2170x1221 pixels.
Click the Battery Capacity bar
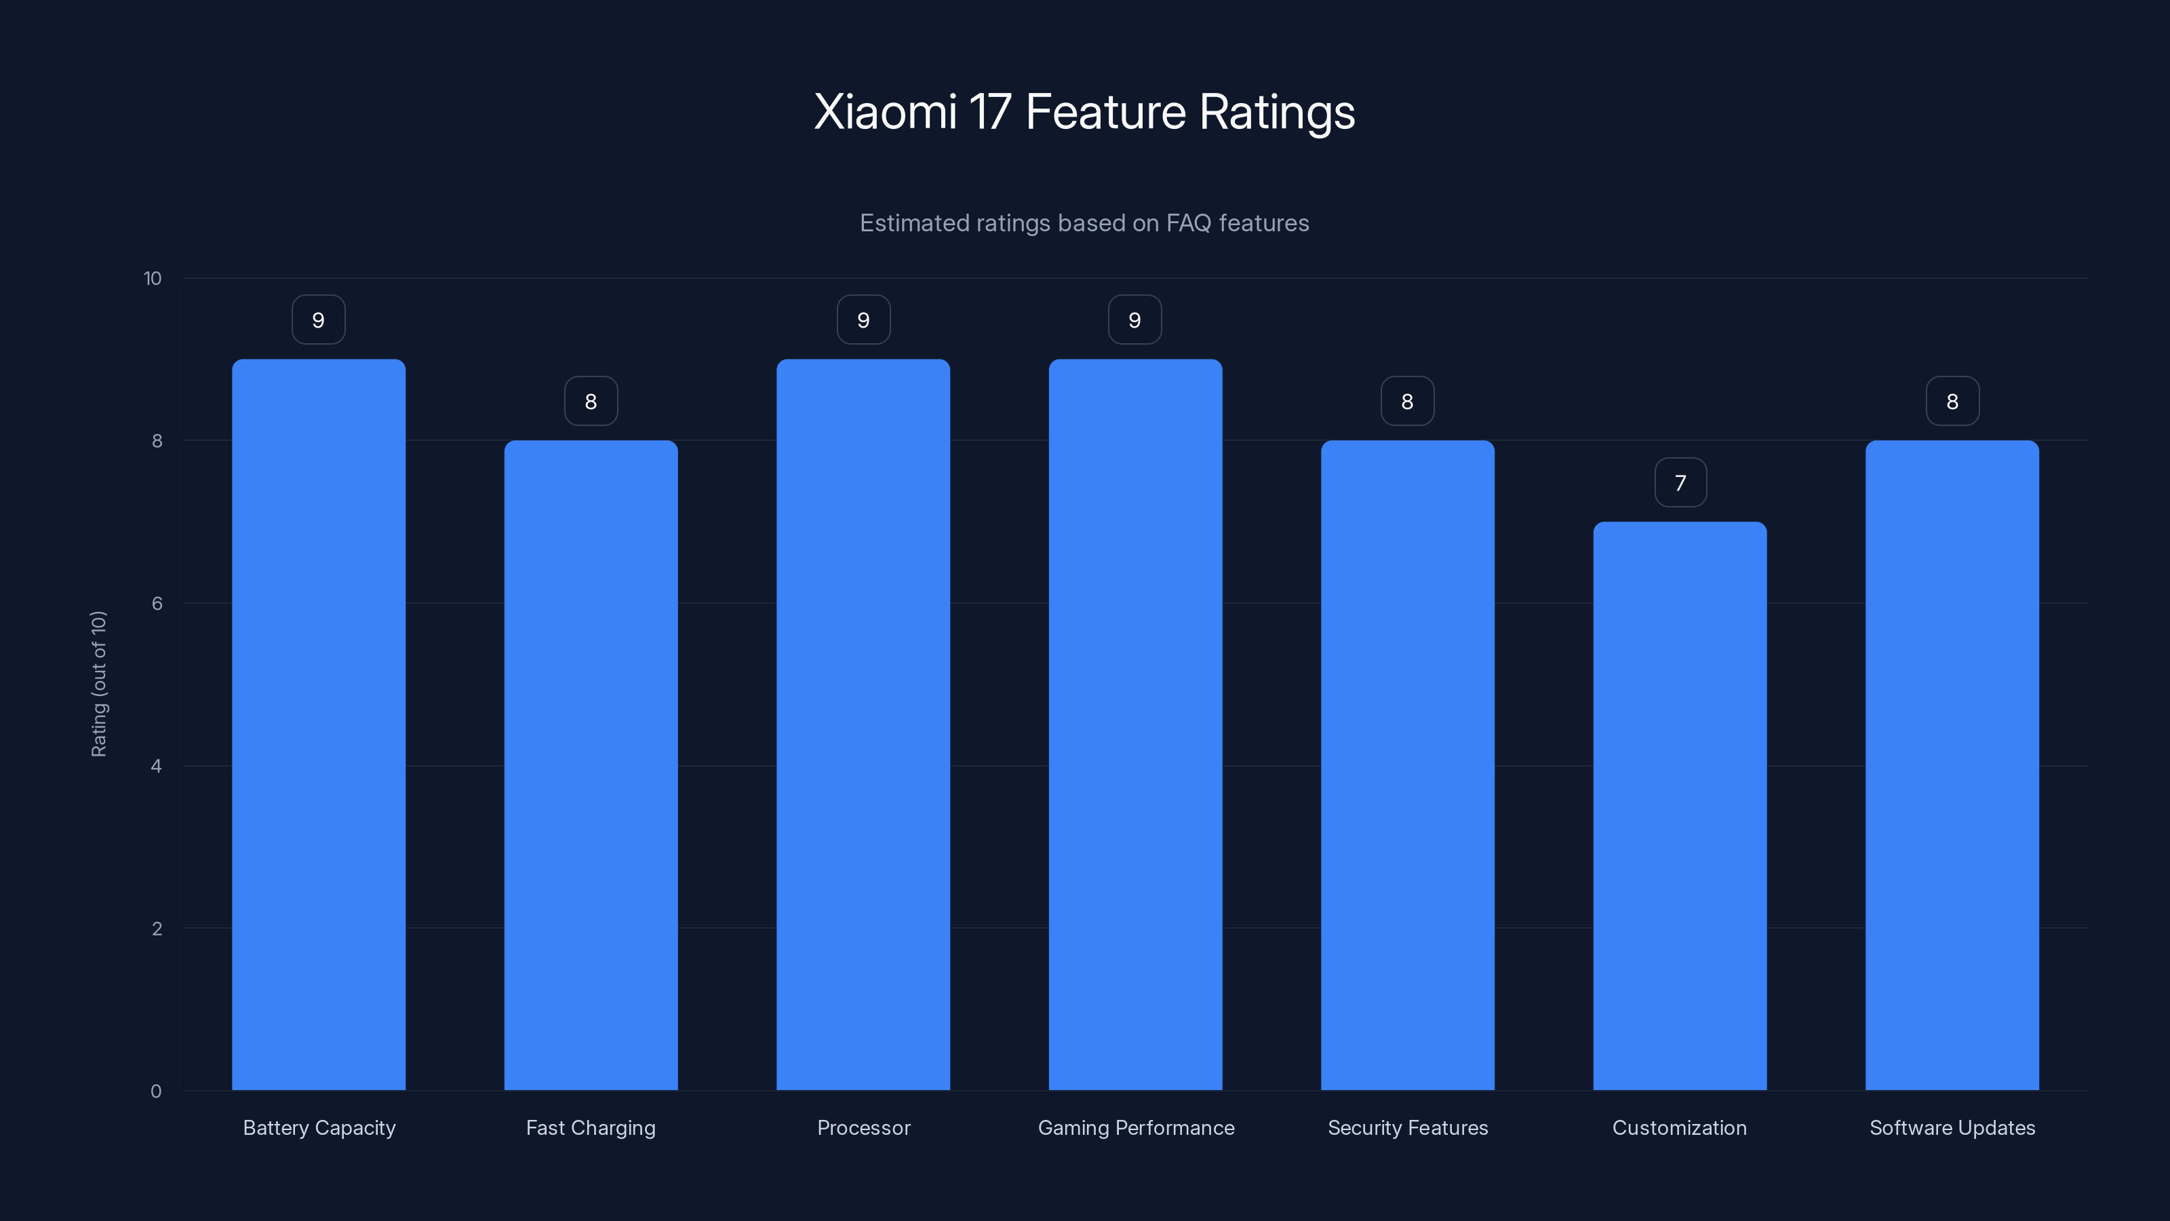pos(319,724)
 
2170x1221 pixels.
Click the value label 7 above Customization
pos(1680,483)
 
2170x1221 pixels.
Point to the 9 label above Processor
pos(863,320)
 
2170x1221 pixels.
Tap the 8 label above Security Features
pos(1407,402)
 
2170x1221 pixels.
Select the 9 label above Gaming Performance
pos(1135,320)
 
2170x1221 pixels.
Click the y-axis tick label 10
pos(153,279)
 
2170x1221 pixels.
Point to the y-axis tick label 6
pos(157,603)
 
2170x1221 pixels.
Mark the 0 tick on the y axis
pos(156,1091)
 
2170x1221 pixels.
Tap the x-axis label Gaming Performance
pos(1136,1127)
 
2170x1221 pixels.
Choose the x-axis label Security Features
pos(1408,1127)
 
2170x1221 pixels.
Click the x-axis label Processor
pos(863,1127)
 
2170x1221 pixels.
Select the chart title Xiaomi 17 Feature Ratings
pos(1084,111)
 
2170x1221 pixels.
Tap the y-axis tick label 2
pos(157,929)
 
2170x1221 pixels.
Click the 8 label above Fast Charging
pos(591,402)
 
